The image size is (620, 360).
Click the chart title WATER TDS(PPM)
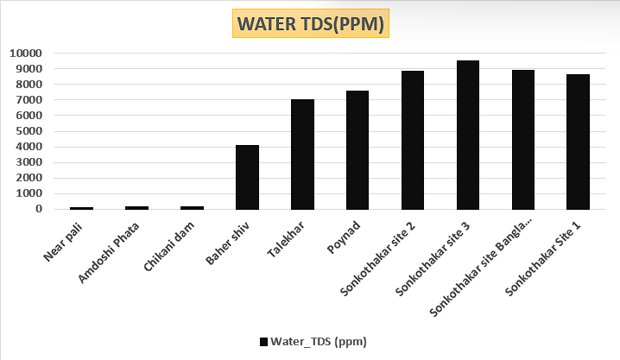coord(311,24)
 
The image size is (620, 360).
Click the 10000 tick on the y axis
coord(26,53)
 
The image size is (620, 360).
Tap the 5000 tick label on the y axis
coord(28,131)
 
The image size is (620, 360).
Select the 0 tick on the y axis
coord(39,209)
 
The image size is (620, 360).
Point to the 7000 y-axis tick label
coord(28,100)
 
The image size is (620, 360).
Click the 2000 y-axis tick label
coord(28,178)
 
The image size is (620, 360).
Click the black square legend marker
coord(263,342)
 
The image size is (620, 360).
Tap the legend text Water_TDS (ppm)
coord(319,342)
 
